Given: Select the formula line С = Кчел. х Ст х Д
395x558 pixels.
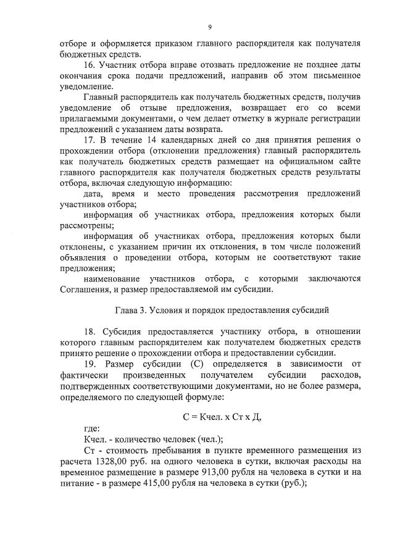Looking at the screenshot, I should click(222, 417).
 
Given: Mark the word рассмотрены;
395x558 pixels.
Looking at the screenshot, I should click(86, 226).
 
